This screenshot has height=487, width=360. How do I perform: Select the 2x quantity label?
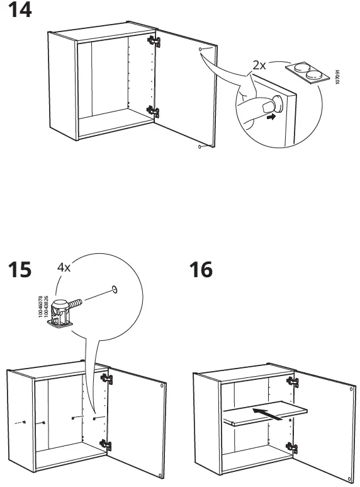[259, 66]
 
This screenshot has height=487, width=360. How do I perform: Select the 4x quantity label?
[64, 267]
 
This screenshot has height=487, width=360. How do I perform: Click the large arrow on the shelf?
[267, 413]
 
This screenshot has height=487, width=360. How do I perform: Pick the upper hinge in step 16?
[291, 381]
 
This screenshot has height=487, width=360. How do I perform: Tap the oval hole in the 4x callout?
[114, 289]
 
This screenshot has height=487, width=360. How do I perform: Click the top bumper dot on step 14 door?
[200, 49]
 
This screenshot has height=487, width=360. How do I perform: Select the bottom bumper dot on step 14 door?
[200, 147]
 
